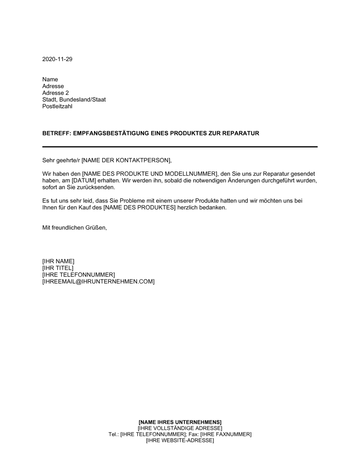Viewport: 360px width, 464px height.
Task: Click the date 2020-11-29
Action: coord(57,59)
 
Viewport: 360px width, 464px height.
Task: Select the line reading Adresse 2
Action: coord(55,93)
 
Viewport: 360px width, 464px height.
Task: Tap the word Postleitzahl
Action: coord(57,106)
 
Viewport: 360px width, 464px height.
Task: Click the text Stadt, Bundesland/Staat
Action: coord(74,100)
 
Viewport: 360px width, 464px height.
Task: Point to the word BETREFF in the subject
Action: coord(55,133)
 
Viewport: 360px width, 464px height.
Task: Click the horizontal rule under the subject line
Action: coord(180,147)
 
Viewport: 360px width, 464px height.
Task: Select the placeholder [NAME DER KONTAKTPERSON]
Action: coord(124,160)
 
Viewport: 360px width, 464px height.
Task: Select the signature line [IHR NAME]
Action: coord(58,261)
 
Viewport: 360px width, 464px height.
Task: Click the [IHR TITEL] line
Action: coord(58,268)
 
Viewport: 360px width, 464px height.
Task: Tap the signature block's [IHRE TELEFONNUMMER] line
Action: coord(78,275)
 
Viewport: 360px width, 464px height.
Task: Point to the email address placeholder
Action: coord(98,282)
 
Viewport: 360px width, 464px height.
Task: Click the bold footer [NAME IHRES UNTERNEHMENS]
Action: coord(180,422)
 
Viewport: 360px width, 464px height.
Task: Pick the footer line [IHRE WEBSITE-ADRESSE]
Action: coord(180,441)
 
